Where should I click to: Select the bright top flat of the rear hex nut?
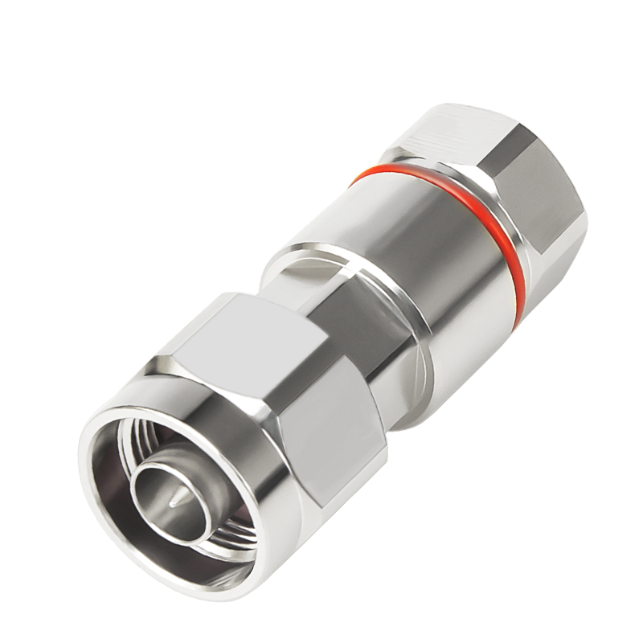pos(450,121)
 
